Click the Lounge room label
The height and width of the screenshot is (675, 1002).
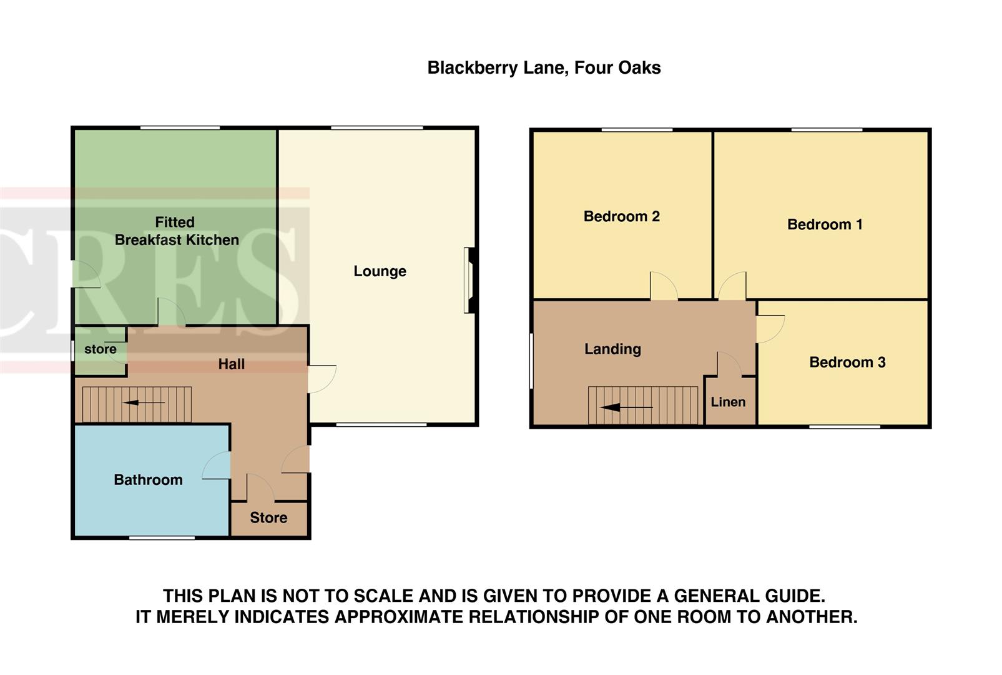[380, 271]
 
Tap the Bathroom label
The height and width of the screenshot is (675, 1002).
[148, 480]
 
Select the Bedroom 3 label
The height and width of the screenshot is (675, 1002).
[847, 362]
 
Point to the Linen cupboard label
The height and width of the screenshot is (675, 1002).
[728, 402]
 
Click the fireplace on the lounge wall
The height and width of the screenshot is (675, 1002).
[471, 280]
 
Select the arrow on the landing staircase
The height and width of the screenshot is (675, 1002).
[627, 407]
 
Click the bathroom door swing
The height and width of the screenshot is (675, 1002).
[217, 466]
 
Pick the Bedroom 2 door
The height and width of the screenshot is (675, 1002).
[664, 286]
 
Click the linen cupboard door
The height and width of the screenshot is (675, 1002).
[729, 365]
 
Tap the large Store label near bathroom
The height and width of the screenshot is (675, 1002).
[268, 517]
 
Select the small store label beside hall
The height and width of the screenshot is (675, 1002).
[100, 349]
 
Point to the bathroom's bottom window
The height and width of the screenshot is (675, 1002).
[162, 537]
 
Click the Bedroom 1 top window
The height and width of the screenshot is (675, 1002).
[827, 130]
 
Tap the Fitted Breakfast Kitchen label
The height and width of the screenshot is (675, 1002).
[176, 231]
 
